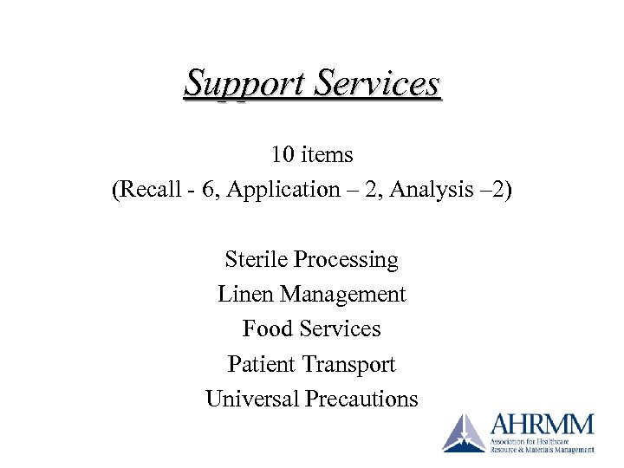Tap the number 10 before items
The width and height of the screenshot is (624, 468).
click(283, 155)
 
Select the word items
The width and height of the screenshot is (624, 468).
click(326, 155)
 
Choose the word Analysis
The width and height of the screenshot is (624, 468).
click(427, 190)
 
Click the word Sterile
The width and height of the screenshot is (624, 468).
click(256, 259)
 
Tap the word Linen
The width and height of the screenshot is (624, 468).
click(244, 295)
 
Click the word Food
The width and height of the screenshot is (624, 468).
click(267, 329)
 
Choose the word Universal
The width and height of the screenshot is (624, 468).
click(252, 399)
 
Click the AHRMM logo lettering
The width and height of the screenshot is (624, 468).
click(542, 425)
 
